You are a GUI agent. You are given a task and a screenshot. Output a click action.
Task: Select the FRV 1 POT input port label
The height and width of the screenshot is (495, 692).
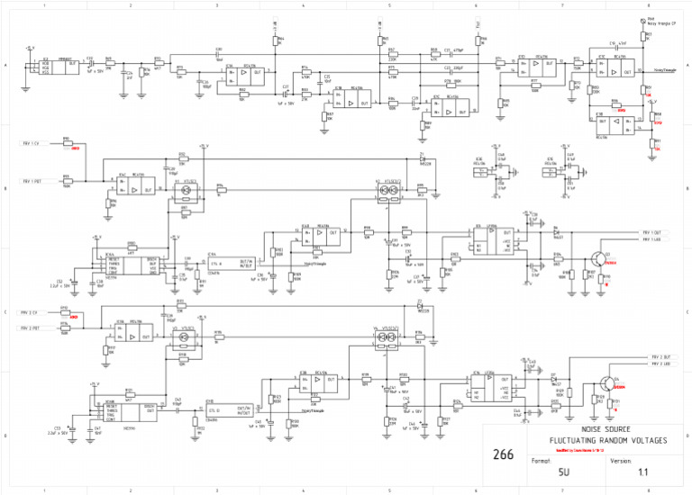32,180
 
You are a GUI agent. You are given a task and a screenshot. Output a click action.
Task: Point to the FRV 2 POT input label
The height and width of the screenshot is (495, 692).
32,329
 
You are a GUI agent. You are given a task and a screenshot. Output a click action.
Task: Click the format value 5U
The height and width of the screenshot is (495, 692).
563,471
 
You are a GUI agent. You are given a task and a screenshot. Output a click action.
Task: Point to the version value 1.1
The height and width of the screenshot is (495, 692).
642,471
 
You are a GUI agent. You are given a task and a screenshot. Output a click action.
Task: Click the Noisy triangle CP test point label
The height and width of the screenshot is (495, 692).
662,24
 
